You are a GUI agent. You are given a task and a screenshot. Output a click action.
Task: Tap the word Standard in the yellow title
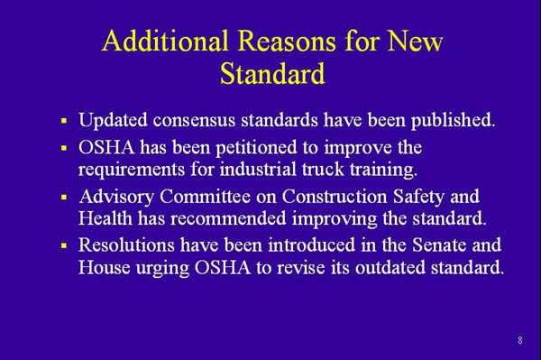tap(271, 74)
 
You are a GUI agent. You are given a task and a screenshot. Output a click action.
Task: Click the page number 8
tap(520, 340)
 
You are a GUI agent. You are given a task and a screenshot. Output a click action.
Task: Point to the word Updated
tap(114, 120)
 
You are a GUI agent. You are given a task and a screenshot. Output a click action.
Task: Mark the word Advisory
tap(114, 196)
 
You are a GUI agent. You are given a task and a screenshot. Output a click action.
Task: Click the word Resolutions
tap(125, 245)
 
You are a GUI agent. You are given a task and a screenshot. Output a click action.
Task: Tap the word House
tap(103, 269)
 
